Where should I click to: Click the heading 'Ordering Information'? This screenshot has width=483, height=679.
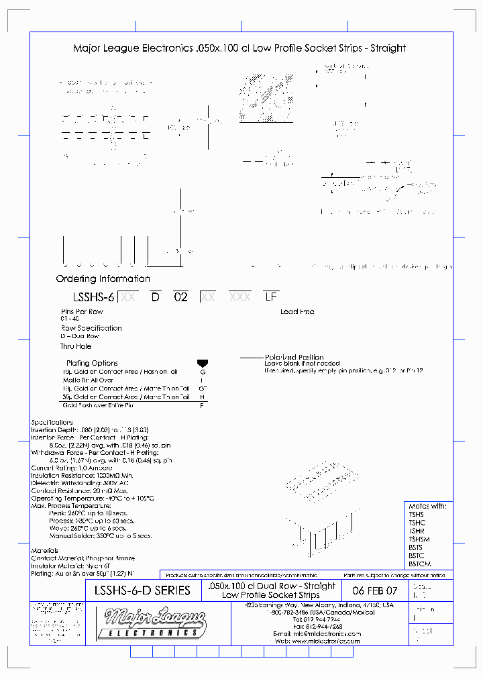coord(103,278)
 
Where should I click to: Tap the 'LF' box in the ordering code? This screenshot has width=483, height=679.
coord(271,297)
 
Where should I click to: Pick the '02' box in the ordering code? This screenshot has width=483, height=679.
coord(180,297)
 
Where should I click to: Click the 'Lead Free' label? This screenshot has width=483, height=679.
coord(297,312)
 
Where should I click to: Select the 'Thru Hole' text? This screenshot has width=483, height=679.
coord(76,346)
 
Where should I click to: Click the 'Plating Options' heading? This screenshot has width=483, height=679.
coord(92,363)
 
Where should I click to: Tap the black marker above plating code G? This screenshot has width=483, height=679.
coord(203,363)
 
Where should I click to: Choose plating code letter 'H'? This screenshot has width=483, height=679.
coord(203,397)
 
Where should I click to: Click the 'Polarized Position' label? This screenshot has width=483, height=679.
coord(294,357)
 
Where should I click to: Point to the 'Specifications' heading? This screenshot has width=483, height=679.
coord(52,423)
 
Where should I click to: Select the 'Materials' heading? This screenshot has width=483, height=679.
coord(45,551)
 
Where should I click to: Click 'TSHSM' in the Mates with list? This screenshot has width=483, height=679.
coord(419,539)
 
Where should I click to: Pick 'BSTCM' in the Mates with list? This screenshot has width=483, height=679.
coord(420,564)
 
